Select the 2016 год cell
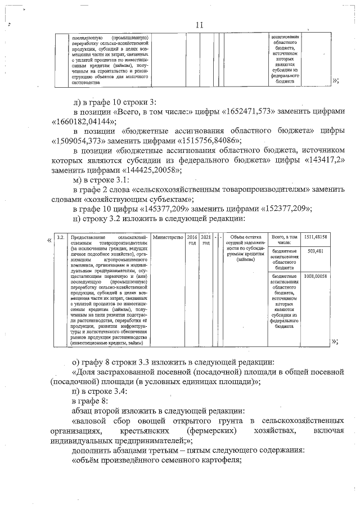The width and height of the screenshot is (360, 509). (192, 240)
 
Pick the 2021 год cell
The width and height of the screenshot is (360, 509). (206, 240)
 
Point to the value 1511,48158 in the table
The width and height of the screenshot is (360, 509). (316, 238)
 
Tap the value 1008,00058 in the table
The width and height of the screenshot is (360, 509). (316, 277)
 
